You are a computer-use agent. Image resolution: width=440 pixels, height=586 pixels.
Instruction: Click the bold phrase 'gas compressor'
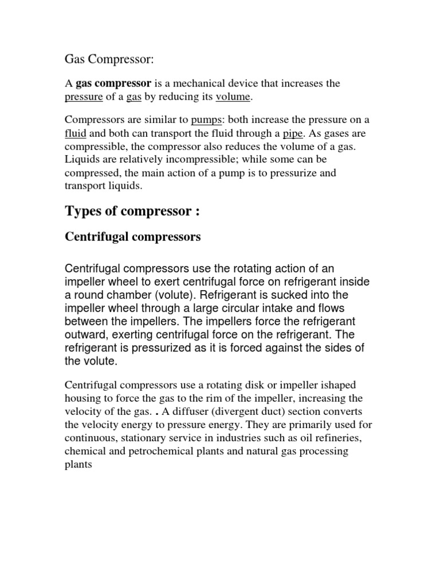coord(113,84)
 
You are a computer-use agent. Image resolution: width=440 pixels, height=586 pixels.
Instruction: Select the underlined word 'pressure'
coord(84,97)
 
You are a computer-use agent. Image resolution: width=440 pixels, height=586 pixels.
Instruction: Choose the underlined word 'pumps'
coord(206,120)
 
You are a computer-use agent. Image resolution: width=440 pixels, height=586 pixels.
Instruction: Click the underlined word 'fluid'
coord(75,133)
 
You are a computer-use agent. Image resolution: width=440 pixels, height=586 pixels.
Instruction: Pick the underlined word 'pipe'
coord(293,133)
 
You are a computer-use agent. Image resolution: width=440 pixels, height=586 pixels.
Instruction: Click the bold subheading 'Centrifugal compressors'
coord(133,236)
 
